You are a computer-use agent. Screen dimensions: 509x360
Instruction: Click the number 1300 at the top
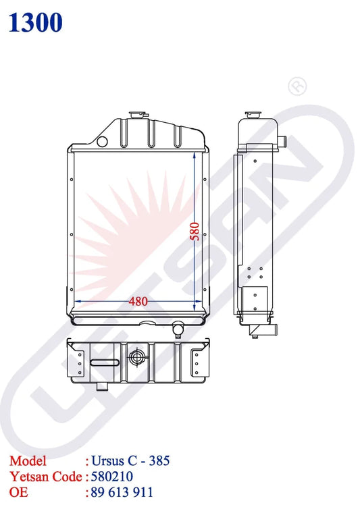(36, 22)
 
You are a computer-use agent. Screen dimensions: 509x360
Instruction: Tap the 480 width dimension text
(138, 301)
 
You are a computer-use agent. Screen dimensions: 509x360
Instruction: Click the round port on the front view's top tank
(103, 141)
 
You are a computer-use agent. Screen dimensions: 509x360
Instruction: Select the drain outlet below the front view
(178, 329)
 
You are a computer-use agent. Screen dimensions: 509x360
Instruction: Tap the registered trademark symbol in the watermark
(296, 86)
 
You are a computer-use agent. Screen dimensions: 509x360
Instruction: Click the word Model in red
(28, 461)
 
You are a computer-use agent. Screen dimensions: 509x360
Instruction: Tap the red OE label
(19, 492)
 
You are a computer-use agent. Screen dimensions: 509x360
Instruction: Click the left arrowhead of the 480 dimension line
(76, 301)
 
